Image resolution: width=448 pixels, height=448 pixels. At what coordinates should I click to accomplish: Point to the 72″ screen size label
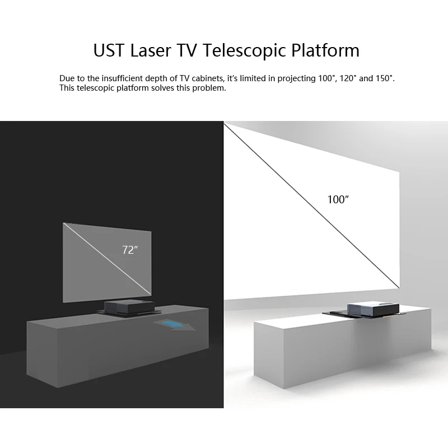click(x=130, y=250)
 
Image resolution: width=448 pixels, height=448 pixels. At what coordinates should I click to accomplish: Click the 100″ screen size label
click(x=338, y=199)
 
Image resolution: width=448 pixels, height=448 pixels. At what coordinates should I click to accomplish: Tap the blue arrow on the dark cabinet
click(x=175, y=324)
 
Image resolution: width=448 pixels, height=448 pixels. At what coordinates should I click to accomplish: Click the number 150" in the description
click(x=385, y=78)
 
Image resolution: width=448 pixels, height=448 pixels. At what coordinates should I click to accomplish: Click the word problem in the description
click(x=209, y=88)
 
